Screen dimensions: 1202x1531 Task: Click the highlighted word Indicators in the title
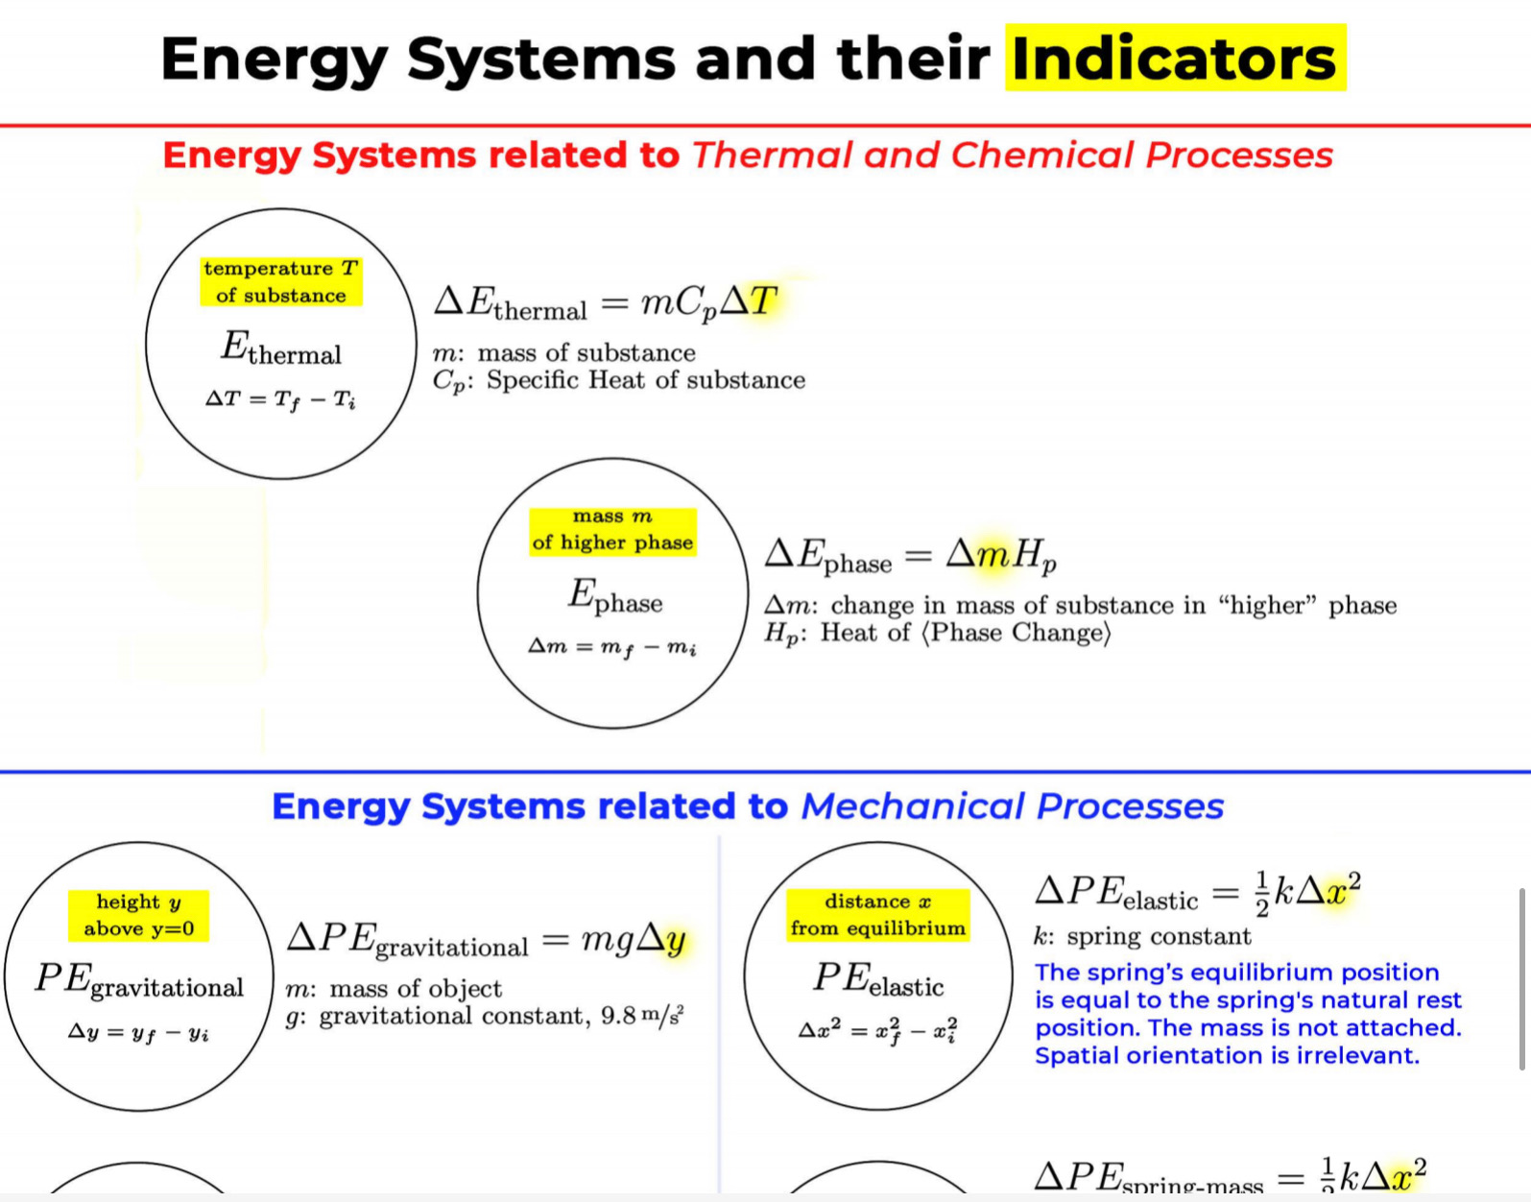[x=1174, y=60]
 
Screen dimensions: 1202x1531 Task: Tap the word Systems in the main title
[x=541, y=60]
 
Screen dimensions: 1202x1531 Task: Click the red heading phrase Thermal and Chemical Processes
[x=1012, y=156]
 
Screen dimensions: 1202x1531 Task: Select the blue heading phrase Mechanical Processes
[x=1012, y=806]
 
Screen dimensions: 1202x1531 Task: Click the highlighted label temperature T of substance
[x=280, y=281]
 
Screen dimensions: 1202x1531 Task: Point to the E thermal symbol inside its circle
[x=280, y=349]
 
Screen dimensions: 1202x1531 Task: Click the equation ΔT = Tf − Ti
[x=280, y=398]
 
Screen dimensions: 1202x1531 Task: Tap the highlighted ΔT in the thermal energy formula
[x=749, y=302]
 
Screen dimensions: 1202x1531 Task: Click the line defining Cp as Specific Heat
[x=619, y=381]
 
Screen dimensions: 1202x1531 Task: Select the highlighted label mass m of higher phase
[x=612, y=530]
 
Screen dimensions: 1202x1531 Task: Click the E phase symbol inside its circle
[x=614, y=596]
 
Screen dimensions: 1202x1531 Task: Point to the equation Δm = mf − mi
[x=612, y=647]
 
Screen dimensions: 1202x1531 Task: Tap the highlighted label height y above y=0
[x=138, y=915]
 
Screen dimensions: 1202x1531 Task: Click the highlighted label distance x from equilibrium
[x=877, y=915]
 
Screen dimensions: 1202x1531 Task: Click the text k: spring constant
[x=1141, y=937]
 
